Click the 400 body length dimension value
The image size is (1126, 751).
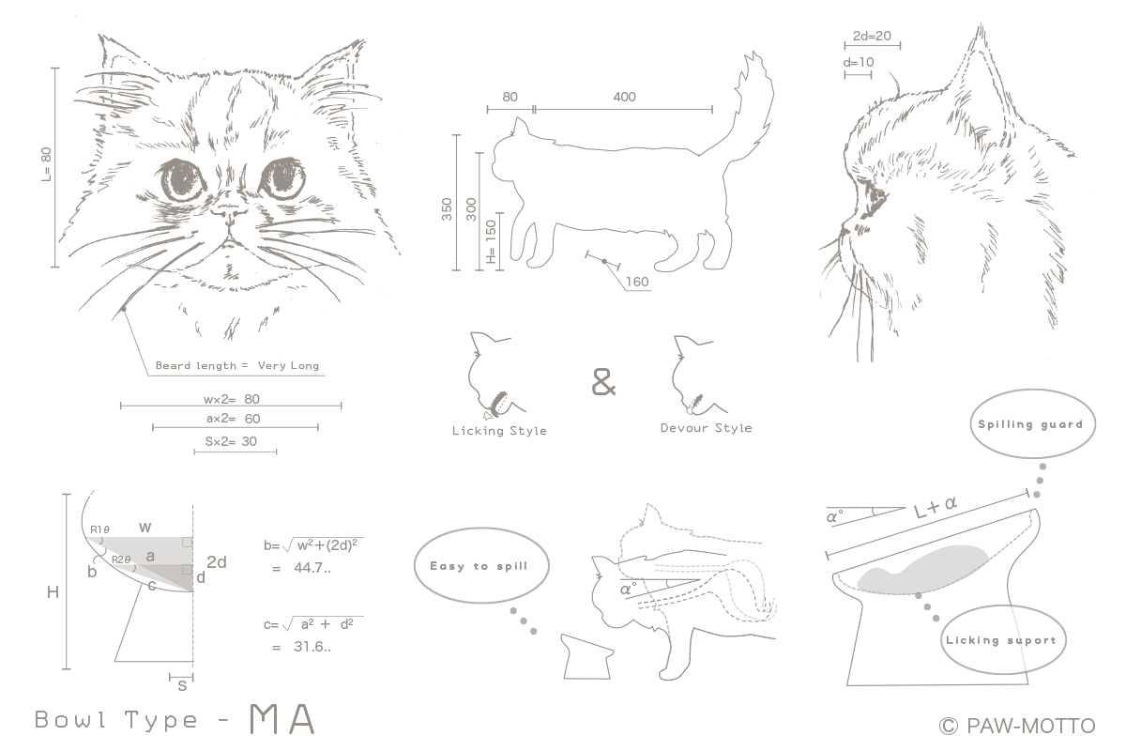(624, 97)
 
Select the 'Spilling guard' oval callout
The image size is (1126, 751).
(1032, 423)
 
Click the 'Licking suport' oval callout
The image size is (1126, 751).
(1003, 639)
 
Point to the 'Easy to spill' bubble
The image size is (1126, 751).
(481, 565)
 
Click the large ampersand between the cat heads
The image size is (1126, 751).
(603, 382)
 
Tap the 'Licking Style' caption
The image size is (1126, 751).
(499, 431)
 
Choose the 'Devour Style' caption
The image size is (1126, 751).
(707, 428)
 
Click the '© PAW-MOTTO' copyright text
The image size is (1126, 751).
(1017, 726)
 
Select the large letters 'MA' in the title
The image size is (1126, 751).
(282, 719)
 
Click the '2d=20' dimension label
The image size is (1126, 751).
(872, 36)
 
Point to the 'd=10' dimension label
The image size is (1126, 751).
(858, 62)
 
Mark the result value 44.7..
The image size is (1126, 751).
(312, 568)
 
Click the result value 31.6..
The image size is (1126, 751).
(312, 647)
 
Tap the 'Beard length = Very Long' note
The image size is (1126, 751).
(237, 366)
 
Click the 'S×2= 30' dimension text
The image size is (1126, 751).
(231, 441)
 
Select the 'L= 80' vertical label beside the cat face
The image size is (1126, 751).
(46, 164)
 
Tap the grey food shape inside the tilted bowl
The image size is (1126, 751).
(922, 568)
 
